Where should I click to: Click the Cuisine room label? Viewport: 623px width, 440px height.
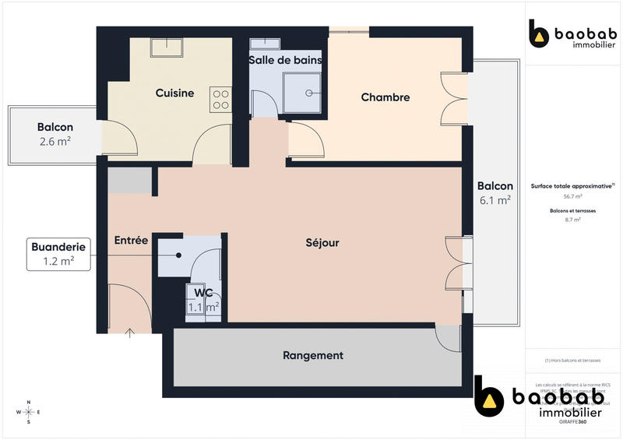tap(174, 93)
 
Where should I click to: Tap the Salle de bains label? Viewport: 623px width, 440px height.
tap(285, 60)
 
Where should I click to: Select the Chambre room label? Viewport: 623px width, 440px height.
tap(385, 97)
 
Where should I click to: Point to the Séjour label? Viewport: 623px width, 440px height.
tap(322, 243)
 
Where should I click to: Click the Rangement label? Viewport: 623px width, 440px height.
tap(312, 356)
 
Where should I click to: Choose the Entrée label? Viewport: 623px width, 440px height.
tap(131, 241)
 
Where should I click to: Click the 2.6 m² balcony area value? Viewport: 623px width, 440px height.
tap(55, 142)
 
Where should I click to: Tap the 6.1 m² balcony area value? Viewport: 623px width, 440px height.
tap(495, 200)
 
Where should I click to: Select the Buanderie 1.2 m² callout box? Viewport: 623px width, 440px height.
tap(58, 254)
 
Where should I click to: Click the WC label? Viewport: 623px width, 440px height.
tap(204, 293)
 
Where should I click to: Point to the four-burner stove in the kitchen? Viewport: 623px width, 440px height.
tap(220, 99)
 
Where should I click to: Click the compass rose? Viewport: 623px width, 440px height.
tap(29, 412)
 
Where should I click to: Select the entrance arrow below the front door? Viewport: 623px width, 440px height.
tap(130, 333)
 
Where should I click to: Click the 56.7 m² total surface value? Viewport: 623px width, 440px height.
tap(572, 197)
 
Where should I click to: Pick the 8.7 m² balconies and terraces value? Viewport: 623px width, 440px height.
tap(572, 220)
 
